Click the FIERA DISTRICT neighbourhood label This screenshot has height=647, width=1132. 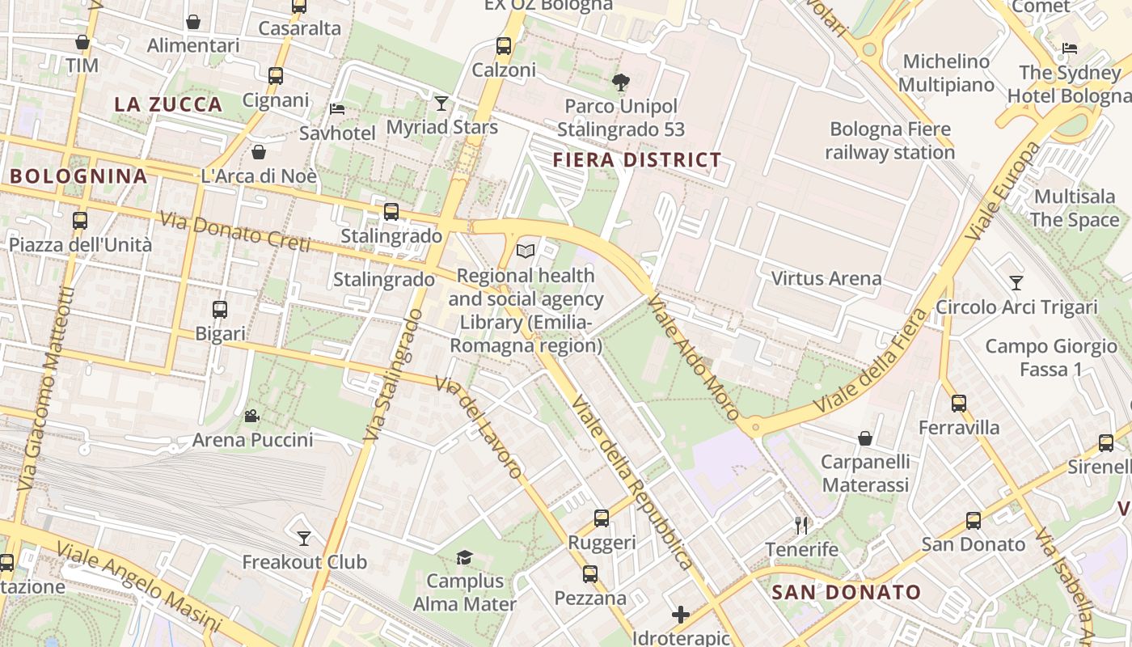point(636,160)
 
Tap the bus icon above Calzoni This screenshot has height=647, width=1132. point(504,46)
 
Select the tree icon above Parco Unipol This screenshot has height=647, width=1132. point(621,82)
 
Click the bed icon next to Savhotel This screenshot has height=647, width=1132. point(337,109)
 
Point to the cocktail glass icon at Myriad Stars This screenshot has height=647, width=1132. point(441,103)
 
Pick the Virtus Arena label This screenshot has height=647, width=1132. point(826,278)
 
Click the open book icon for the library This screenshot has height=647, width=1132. point(526,252)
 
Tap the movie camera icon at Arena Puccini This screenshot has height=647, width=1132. point(251,416)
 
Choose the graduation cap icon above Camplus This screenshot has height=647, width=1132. point(464,557)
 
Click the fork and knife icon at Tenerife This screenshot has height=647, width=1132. point(801,526)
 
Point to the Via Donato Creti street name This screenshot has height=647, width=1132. point(234,231)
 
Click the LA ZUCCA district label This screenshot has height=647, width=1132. point(168,104)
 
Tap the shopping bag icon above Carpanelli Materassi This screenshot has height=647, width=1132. point(865,438)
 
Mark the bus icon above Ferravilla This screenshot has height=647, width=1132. point(959,403)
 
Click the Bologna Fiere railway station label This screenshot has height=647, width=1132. point(889,141)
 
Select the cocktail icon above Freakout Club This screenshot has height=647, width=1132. point(304,538)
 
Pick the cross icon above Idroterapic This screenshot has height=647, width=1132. point(681,615)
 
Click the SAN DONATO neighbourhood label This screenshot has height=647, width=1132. point(847,592)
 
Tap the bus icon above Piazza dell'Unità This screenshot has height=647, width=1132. point(80,221)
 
